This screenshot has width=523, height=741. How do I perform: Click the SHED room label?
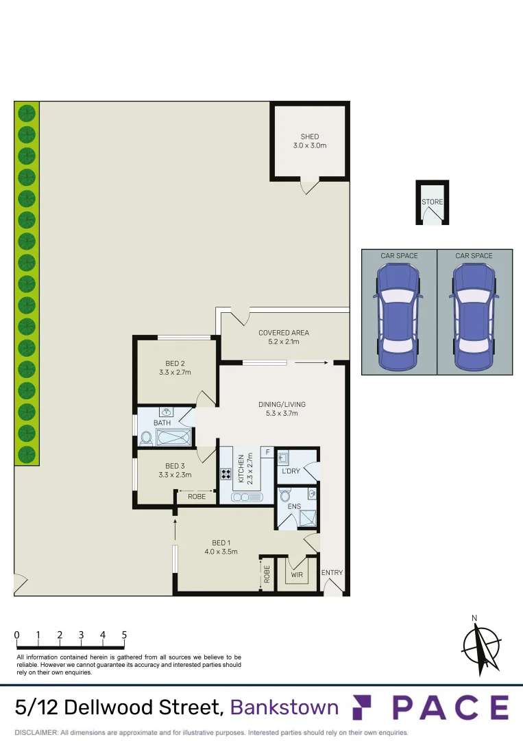tap(310, 137)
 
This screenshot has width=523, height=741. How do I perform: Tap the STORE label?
tap(433, 202)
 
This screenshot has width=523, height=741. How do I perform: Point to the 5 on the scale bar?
tap(124, 635)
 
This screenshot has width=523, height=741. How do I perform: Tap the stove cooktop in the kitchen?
tap(227, 473)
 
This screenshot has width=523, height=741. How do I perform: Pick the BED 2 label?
tap(175, 364)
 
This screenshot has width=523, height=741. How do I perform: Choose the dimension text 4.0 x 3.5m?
tap(221, 552)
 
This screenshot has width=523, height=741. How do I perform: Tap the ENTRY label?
tap(332, 573)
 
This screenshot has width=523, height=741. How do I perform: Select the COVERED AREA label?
tap(284, 333)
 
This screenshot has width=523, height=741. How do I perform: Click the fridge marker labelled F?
tap(267, 453)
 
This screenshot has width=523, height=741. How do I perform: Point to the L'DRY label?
tap(291, 471)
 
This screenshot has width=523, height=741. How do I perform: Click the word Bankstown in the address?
tap(284, 707)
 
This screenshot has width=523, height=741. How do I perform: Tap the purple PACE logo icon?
tap(361, 707)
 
